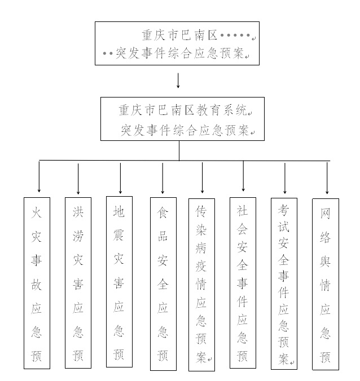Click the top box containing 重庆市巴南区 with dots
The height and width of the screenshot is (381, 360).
(177, 43)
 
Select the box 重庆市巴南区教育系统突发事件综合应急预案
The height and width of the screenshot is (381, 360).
(179, 118)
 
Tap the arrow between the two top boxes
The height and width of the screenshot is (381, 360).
(178, 81)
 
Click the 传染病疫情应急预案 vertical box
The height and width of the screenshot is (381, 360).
(201, 285)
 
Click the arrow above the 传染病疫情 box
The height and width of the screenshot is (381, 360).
(203, 178)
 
